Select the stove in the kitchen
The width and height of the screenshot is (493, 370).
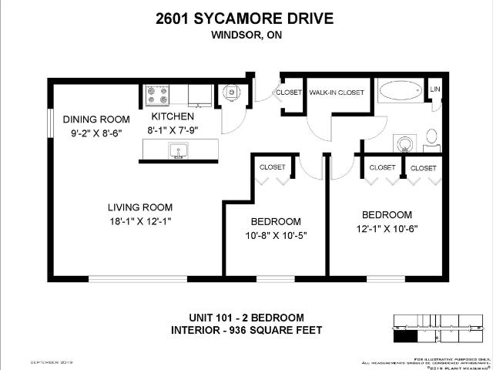point(157,95)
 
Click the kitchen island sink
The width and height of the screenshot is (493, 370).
point(179,153)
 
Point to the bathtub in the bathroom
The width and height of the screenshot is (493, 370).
point(401,91)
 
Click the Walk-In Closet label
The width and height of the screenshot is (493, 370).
point(337,92)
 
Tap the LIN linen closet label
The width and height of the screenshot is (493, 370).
point(435,90)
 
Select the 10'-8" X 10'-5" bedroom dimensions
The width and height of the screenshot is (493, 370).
point(275,235)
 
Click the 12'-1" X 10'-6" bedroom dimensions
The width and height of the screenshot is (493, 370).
point(387,228)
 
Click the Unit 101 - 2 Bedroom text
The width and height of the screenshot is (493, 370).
point(246,318)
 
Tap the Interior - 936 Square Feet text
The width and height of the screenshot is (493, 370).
point(246,331)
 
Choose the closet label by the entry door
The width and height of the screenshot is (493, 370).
point(289,92)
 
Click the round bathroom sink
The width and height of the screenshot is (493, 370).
point(404,143)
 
